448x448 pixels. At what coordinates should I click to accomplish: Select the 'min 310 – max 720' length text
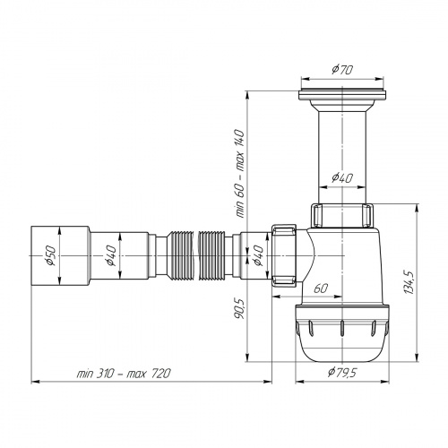pos(124,372)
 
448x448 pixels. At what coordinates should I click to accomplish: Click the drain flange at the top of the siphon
pos(341,93)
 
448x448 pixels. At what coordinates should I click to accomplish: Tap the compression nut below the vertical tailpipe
pos(341,215)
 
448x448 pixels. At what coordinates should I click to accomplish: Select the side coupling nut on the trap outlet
pos(285,255)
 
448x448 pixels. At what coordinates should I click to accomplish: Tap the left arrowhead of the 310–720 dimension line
pos(35,380)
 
